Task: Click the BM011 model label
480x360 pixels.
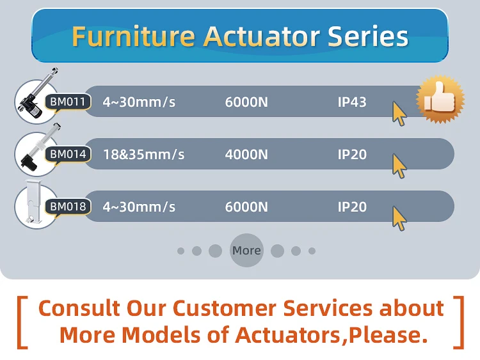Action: click(x=68, y=102)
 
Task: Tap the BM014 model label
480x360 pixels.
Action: click(x=68, y=154)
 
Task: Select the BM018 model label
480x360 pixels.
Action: click(x=68, y=207)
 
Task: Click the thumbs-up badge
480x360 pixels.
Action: click(x=440, y=99)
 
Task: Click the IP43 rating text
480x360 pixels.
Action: click(x=352, y=102)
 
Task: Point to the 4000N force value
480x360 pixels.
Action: click(x=246, y=155)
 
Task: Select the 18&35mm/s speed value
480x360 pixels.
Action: click(x=143, y=155)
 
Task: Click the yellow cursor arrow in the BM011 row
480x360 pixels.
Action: click(x=399, y=113)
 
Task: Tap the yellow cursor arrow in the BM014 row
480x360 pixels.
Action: click(x=399, y=166)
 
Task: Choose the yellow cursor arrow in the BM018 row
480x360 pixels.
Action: click(x=399, y=219)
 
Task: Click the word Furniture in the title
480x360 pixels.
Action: click(x=134, y=36)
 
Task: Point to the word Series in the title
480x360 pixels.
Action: click(x=368, y=36)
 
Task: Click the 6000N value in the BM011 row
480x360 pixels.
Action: click(x=246, y=102)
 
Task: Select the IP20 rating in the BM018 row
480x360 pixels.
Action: click(x=352, y=207)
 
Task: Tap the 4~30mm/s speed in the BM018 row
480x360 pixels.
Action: click(x=139, y=207)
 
